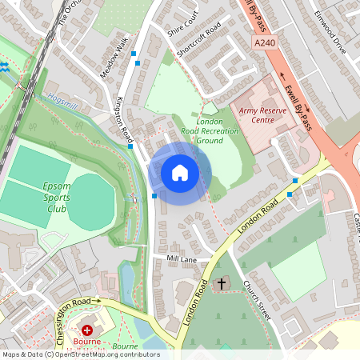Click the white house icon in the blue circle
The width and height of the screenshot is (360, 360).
180,173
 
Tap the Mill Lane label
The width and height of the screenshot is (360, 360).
181,260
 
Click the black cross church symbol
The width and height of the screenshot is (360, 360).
222,284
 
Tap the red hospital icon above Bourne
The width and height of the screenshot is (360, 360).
87,330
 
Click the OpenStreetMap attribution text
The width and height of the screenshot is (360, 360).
80,354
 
